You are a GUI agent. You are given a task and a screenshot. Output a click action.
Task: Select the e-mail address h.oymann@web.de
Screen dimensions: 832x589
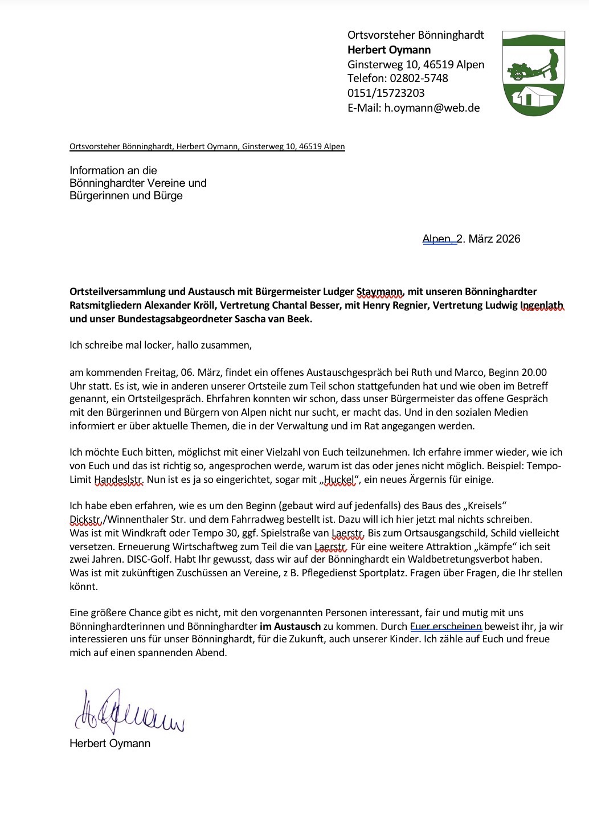(x=432, y=108)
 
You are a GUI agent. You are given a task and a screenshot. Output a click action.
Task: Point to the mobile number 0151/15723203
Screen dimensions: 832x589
(x=386, y=93)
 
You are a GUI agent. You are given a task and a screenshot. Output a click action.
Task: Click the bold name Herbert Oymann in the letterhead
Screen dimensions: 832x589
(x=389, y=50)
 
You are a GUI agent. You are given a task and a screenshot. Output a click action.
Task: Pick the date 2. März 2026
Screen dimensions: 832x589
(x=489, y=239)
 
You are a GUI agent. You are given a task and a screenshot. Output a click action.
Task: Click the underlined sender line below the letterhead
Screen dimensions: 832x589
(x=207, y=146)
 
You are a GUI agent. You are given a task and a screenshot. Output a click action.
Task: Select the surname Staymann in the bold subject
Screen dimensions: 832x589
(x=380, y=292)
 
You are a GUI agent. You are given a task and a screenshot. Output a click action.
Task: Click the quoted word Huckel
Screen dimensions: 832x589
(x=339, y=479)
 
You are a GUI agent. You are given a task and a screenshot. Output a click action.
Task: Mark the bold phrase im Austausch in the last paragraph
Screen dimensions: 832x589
(x=290, y=626)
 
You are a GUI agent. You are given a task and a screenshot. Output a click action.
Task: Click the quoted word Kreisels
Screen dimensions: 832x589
(x=484, y=506)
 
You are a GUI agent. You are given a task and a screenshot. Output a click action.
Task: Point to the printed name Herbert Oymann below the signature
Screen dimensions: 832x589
(x=110, y=743)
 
